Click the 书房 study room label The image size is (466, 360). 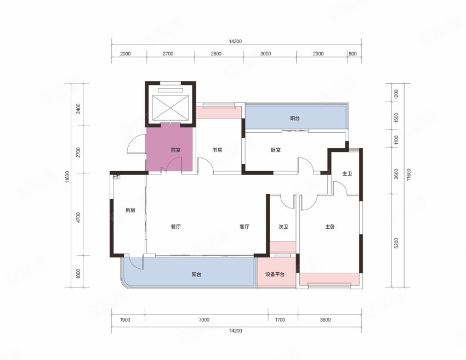click(x=217, y=150)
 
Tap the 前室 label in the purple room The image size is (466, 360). click(x=175, y=150)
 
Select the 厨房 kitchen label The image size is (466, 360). click(x=130, y=210)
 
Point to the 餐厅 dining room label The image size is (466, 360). click(x=175, y=227)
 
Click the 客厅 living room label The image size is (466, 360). click(x=245, y=227)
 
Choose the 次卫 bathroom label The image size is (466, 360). click(x=283, y=227)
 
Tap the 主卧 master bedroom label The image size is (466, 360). click(x=330, y=227)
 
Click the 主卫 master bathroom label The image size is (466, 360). click(x=347, y=173)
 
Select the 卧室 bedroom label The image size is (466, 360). click(x=276, y=150)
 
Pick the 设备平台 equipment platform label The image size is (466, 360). click(x=275, y=274)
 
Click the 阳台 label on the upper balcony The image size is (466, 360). click(x=295, y=119)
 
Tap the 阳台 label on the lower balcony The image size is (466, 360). click(x=196, y=274)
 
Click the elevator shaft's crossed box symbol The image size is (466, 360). click(x=171, y=108)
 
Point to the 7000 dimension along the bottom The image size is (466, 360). click(x=204, y=320)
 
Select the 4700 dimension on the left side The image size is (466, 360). click(x=78, y=217)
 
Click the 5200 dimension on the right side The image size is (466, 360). click(x=396, y=243)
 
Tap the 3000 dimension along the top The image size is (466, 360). click(x=266, y=54)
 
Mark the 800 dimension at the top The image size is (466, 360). click(x=353, y=54)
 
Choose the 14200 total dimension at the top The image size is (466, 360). click(x=235, y=42)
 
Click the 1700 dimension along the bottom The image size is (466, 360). click(x=280, y=320)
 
